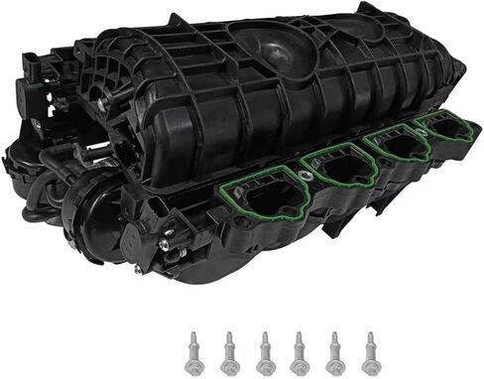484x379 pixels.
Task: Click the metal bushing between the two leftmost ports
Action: click(x=310, y=180)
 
